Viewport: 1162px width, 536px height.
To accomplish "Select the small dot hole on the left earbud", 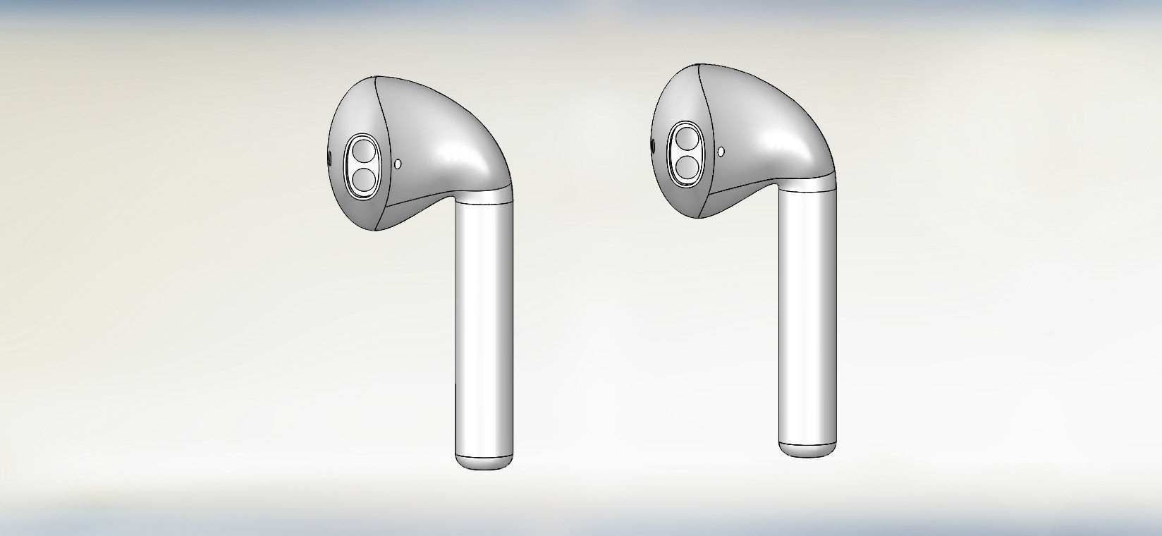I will coord(398,164).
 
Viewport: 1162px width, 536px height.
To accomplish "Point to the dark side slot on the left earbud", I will coord(329,159).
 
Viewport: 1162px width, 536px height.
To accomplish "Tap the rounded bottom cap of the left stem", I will coord(483,463).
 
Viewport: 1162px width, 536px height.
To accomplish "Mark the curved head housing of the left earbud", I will coord(444,134).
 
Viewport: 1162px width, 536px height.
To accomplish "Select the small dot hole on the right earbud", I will coord(721,151).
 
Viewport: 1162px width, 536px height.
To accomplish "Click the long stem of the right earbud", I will coord(807,317).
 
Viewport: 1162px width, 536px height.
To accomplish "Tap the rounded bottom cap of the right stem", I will coord(807,450).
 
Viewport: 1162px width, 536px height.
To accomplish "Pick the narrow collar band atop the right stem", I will coord(808,185).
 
